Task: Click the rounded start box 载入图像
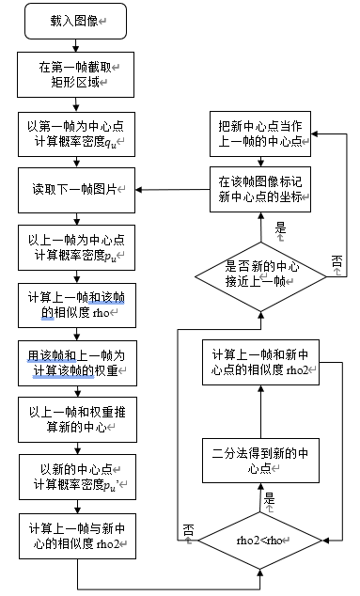pos(77,20)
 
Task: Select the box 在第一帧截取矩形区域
pos(77,72)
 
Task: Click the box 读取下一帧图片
pos(77,191)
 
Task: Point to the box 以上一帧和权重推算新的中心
pos(77,416)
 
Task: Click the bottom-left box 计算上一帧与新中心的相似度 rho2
pos(77,536)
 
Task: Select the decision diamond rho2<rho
pos(259,540)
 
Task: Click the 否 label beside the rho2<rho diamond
pos(188,529)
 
